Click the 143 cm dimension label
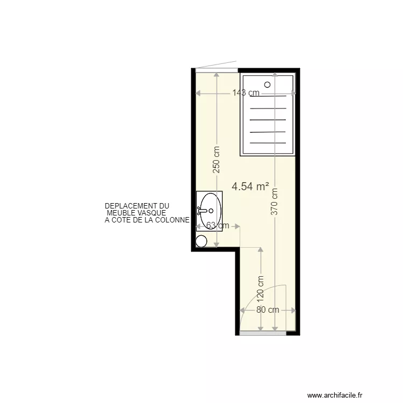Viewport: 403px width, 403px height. [246, 93]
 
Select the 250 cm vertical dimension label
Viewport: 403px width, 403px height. [217, 160]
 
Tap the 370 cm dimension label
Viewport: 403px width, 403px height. [275, 201]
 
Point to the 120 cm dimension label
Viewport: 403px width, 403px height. [261, 289]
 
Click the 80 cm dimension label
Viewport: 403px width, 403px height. [267, 310]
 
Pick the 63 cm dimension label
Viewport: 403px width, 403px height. [217, 226]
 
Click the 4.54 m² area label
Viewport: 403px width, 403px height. [250, 187]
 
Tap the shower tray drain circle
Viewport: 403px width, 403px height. [267, 84]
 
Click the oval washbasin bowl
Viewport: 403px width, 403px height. [210, 211]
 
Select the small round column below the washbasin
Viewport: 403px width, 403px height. [201, 241]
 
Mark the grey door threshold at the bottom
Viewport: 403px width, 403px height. [263, 333]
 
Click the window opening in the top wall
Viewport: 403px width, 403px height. [216, 70]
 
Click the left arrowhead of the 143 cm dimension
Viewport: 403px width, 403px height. [198, 93]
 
